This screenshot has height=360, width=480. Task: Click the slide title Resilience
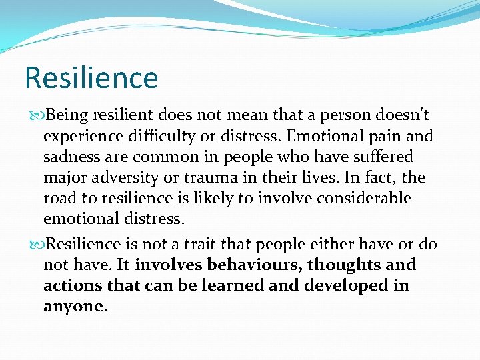[x=91, y=77]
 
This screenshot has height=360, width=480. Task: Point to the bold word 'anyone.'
[x=75, y=307]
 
